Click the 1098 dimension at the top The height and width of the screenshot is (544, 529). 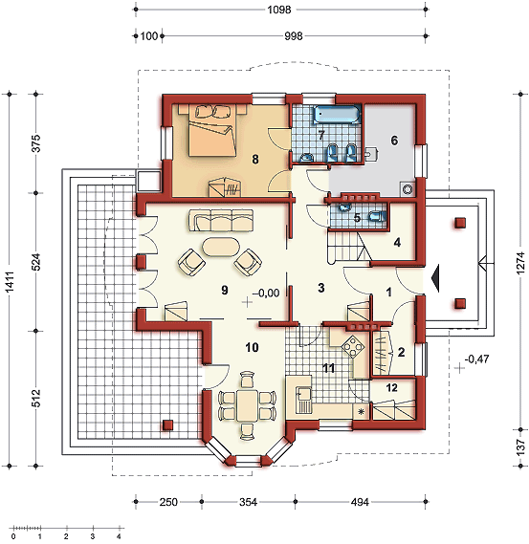click(279, 10)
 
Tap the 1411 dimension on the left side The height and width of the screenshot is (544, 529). click(10, 282)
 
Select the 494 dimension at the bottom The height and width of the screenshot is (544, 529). click(360, 502)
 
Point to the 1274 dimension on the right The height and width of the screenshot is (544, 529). click(520, 264)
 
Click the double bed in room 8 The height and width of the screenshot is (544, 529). click(212, 130)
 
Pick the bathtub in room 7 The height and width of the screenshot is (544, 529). click(337, 115)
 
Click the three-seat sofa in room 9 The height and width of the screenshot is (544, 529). click(221, 220)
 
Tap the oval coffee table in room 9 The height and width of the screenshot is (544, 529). click(221, 247)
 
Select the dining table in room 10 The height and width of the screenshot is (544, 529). click(247, 404)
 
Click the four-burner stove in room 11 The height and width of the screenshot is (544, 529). click(353, 346)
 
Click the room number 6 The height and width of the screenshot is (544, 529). click(394, 141)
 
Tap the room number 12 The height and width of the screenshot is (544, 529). click(392, 387)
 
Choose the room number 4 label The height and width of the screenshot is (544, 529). click(397, 242)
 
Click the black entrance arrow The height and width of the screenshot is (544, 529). click(435, 277)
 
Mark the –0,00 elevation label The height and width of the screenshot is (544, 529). click(266, 294)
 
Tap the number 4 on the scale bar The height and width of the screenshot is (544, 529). click(119, 536)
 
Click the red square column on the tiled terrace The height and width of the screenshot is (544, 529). click(168, 425)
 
